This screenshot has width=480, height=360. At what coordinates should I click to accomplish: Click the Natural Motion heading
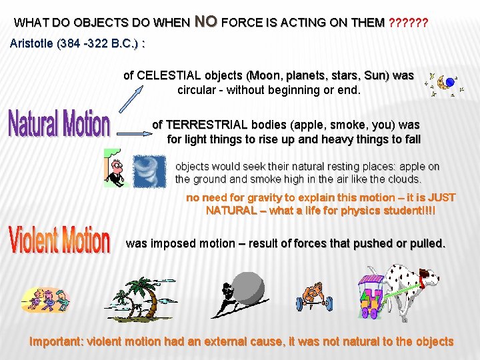click(x=59, y=125)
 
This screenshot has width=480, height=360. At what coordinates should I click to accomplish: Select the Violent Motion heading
click(x=59, y=240)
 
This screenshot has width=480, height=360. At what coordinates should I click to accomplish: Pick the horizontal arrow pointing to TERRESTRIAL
click(x=133, y=133)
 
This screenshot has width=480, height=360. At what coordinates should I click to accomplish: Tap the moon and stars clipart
click(x=445, y=84)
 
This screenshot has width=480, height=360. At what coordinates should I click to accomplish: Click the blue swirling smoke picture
click(x=144, y=169)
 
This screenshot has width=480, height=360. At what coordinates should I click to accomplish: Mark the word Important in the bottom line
click(x=55, y=341)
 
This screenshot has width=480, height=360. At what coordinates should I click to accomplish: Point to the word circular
click(x=199, y=89)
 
